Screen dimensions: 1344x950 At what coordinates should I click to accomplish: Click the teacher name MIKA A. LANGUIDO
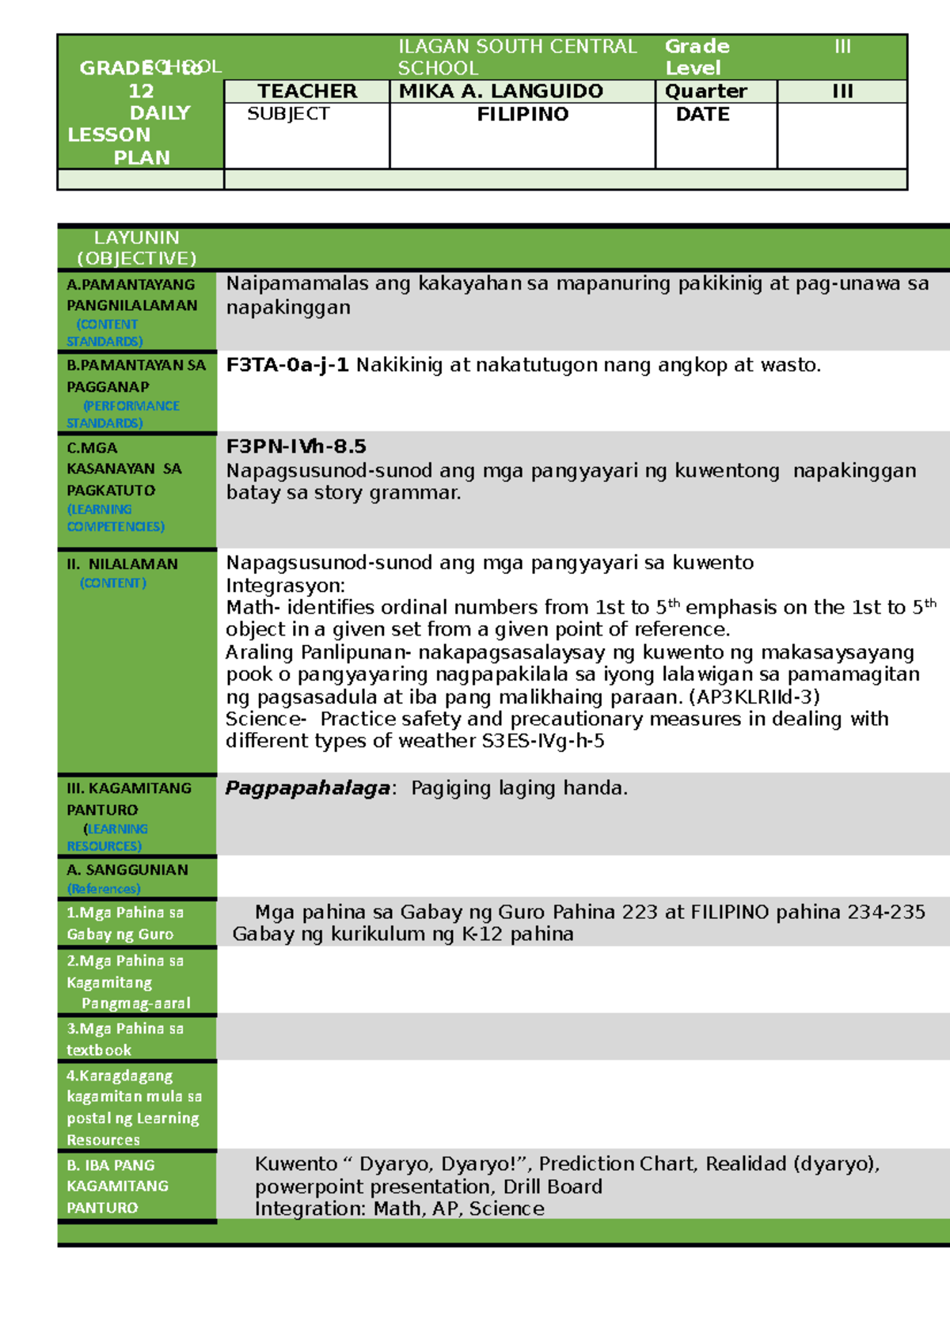(x=500, y=91)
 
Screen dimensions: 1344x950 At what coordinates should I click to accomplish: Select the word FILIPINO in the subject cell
(x=522, y=114)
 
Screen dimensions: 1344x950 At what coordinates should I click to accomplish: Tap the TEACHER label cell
(x=307, y=91)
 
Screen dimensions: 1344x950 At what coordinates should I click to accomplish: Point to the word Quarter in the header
(x=705, y=91)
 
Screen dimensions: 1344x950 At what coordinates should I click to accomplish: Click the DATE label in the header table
(x=702, y=114)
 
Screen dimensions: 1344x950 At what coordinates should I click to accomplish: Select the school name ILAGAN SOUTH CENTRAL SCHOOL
(x=516, y=57)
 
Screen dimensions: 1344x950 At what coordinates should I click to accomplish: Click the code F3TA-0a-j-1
(x=287, y=365)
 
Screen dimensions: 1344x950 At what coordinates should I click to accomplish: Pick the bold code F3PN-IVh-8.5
(x=295, y=446)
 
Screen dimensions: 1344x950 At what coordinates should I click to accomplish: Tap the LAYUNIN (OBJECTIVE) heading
(x=136, y=248)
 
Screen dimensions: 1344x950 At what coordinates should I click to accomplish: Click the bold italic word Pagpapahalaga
(x=307, y=788)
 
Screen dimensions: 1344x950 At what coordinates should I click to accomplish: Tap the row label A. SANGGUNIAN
(x=127, y=870)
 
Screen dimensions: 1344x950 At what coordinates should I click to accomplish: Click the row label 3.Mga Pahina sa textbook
(x=124, y=1038)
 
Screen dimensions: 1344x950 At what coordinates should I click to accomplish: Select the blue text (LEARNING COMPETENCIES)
(x=115, y=518)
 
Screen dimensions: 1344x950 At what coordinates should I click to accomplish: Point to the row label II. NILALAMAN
(x=122, y=564)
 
